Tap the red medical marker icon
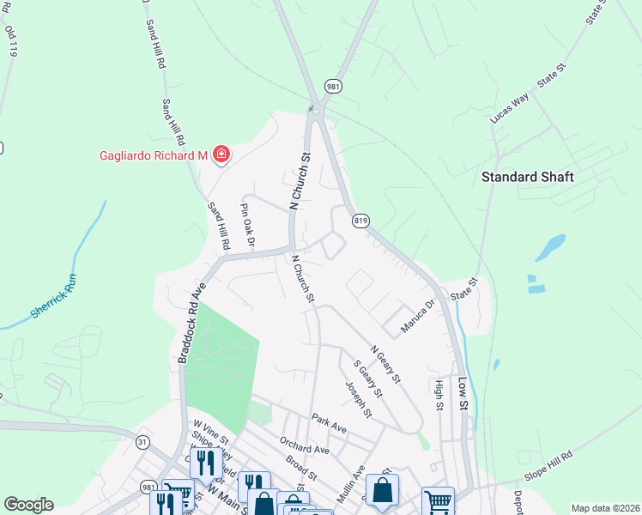(221, 154)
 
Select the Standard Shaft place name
(527, 177)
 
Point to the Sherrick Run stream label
(54, 297)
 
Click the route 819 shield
(360, 221)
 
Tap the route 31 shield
(142, 440)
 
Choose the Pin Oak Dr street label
(247, 225)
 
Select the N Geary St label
(385, 364)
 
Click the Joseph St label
(359, 400)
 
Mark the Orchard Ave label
(304, 444)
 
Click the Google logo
(28, 505)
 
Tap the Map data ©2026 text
(605, 508)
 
